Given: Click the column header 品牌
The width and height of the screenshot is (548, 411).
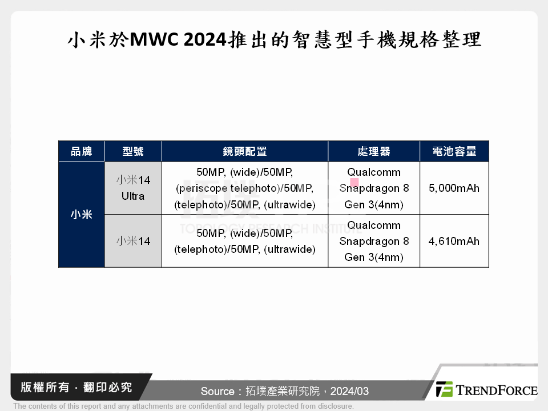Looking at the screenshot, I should (x=82, y=151).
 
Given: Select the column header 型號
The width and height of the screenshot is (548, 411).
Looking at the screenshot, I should (x=133, y=151).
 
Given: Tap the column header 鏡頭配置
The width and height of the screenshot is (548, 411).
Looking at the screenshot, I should (x=245, y=151).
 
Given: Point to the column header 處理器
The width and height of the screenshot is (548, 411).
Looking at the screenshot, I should (x=374, y=151).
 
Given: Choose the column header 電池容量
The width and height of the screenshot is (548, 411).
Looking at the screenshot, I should (x=454, y=151).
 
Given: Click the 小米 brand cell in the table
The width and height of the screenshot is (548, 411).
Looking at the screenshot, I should (x=82, y=215).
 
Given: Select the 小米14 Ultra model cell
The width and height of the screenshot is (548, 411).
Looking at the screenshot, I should (x=133, y=188).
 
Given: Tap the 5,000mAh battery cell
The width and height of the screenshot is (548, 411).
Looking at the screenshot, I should (x=454, y=188).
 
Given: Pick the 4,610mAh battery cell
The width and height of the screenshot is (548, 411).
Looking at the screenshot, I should (x=454, y=241).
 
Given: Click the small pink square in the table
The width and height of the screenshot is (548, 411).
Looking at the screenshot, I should (x=354, y=183).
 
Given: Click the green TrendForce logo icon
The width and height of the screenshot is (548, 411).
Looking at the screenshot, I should (x=444, y=389).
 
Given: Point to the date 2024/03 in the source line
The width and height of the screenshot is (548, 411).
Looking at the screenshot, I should (x=349, y=391).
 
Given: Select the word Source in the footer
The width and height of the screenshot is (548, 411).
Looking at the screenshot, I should (x=217, y=391).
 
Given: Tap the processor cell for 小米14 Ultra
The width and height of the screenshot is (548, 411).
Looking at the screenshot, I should (x=374, y=188).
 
